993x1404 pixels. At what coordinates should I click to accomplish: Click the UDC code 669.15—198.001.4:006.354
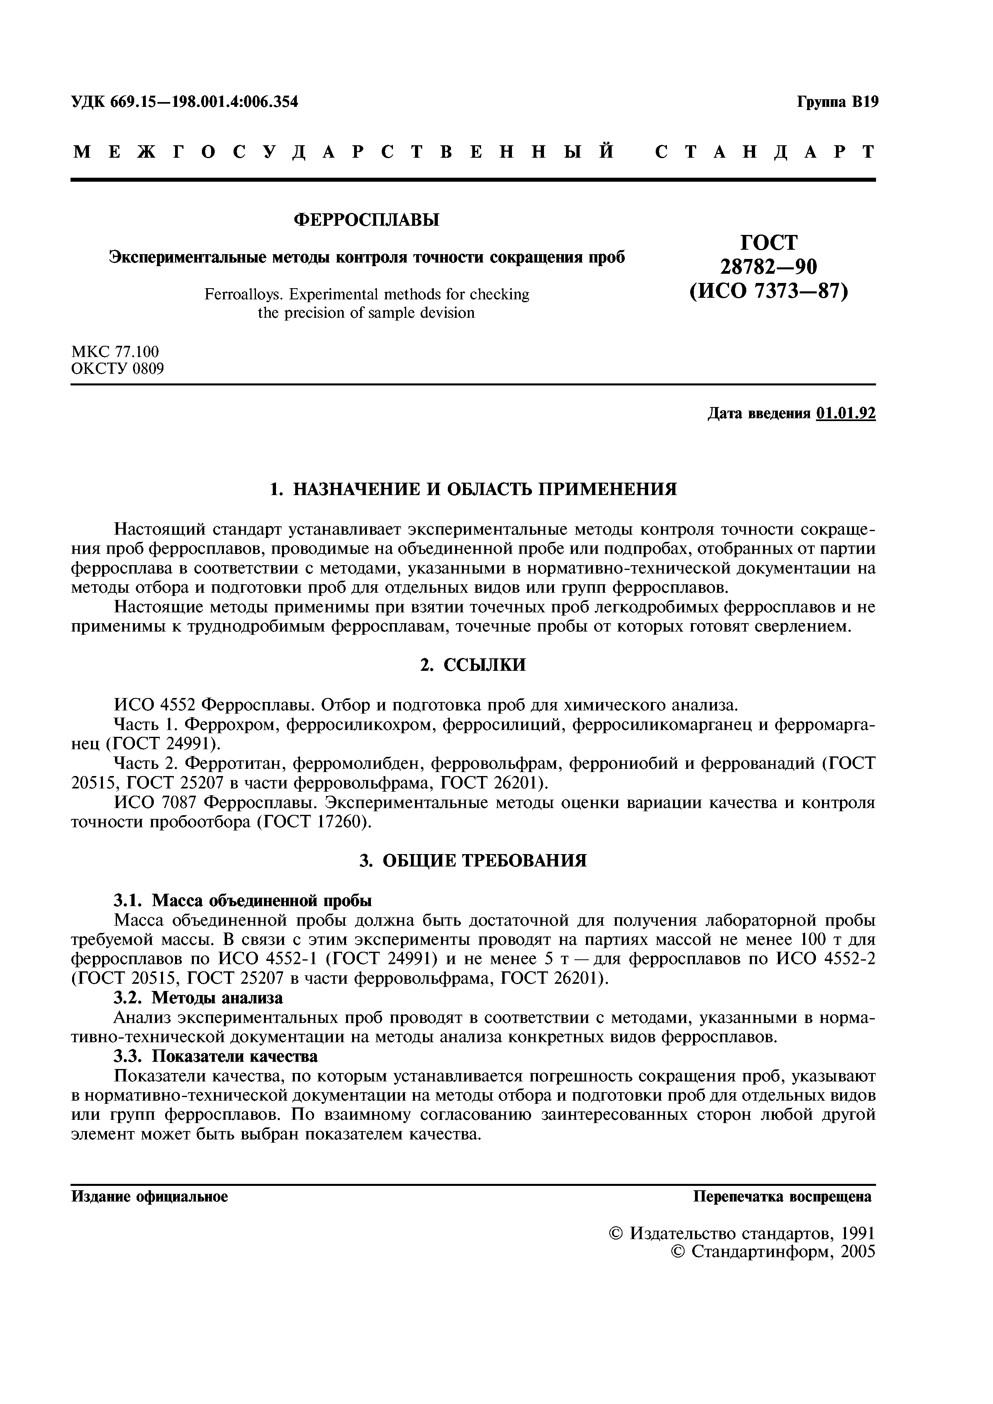point(204,102)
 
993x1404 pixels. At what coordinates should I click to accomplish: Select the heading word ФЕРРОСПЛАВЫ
point(367,220)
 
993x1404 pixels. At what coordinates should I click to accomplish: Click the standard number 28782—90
point(768,267)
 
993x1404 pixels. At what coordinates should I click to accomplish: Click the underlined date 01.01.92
point(846,414)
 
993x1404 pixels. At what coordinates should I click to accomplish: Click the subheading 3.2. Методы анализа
point(199,998)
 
